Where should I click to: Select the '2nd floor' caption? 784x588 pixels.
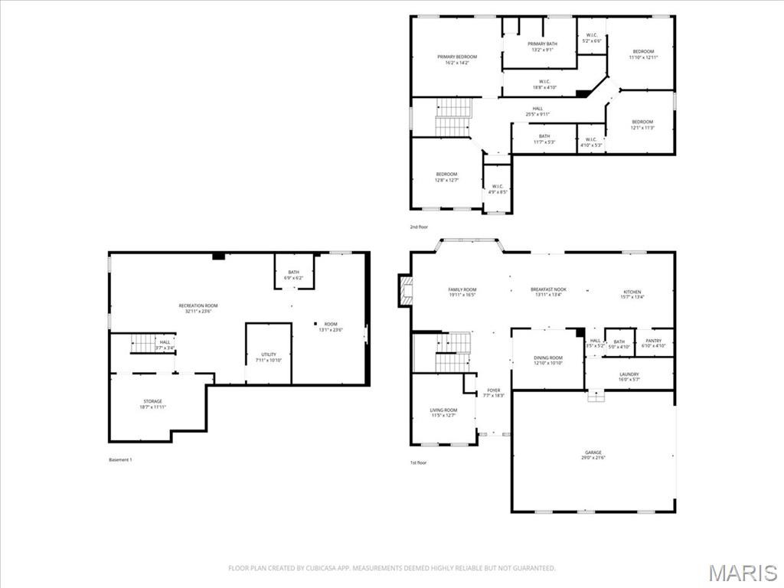pos(418,227)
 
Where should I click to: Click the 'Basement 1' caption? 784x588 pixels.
pos(121,459)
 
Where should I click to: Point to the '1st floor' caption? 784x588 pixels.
pos(418,462)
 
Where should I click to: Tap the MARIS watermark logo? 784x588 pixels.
pos(742,573)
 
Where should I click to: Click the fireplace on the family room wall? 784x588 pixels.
pos(406,291)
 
